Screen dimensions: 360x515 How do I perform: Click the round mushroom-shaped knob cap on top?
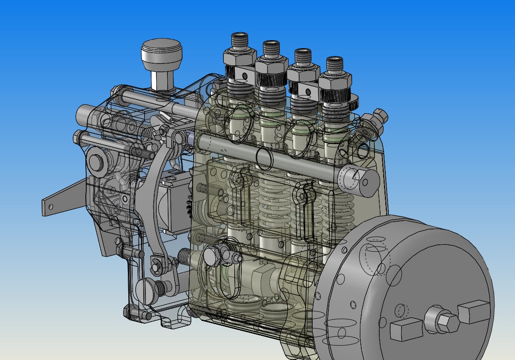click(161, 52)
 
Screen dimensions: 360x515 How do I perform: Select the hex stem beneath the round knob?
click(160, 79)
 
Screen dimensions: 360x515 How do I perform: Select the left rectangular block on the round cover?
click(406, 329)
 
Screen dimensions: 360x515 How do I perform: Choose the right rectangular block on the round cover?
click(473, 311)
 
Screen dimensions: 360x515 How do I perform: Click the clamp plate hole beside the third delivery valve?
click(308, 92)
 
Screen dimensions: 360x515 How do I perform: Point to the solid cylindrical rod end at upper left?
click(83, 115)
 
